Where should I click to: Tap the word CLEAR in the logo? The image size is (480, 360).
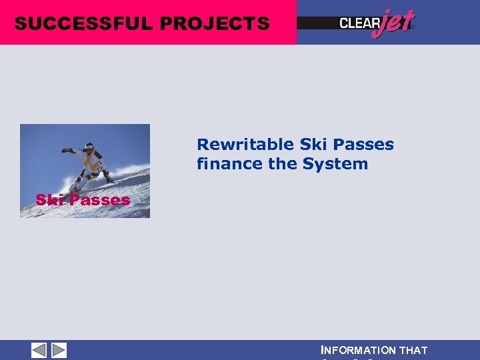click(x=359, y=23)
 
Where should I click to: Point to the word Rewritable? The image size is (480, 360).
click(x=245, y=145)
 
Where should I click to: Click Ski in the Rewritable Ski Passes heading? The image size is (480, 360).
click(x=311, y=145)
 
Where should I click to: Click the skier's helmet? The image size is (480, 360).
click(x=89, y=146)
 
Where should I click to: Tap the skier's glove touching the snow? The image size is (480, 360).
click(x=109, y=179)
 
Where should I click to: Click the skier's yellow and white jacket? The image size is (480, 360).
click(x=93, y=160)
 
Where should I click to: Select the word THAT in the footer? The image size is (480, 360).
click(x=414, y=351)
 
